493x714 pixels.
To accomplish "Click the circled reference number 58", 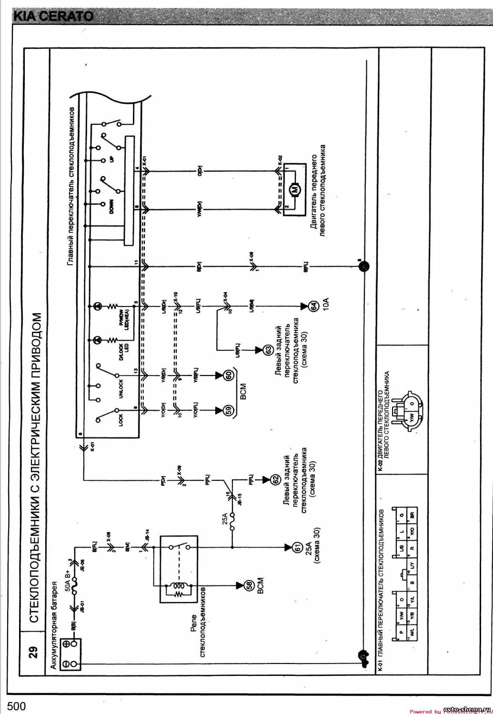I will (x=248, y=585).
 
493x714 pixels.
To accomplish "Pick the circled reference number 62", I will (x=275, y=480).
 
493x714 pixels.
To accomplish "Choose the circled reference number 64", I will (x=313, y=307).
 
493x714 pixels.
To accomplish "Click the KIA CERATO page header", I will (x=52, y=16).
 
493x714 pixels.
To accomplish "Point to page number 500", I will (x=16, y=706).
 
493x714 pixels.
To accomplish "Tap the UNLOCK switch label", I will (x=121, y=389).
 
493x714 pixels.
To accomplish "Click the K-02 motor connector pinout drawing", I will (x=410, y=412).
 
